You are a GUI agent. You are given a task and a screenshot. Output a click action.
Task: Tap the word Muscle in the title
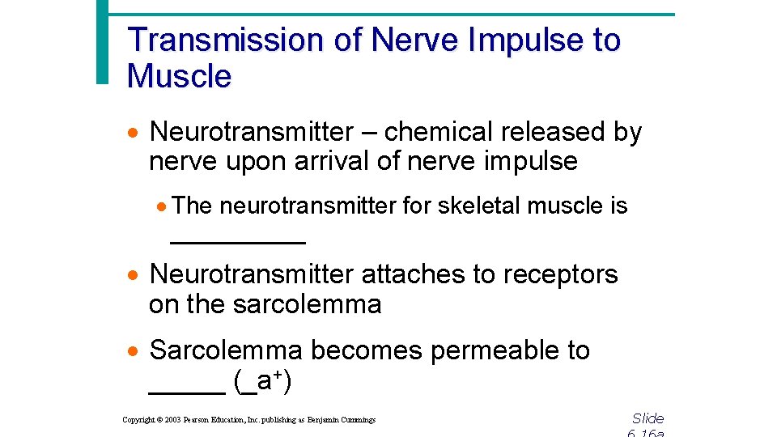[179, 76]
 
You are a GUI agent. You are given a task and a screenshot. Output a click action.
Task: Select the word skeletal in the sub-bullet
[480, 206]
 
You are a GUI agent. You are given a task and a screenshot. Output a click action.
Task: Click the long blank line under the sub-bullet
[237, 241]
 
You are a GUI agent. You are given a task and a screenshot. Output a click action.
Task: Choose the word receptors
[560, 274]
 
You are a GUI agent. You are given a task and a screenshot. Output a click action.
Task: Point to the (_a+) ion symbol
[262, 381]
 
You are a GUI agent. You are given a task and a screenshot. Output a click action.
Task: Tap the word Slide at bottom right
[647, 418]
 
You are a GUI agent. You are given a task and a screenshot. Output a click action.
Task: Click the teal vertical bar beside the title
[101, 40]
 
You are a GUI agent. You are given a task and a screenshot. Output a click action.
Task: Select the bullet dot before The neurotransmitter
[162, 207]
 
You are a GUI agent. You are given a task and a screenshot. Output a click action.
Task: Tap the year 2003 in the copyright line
[172, 420]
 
